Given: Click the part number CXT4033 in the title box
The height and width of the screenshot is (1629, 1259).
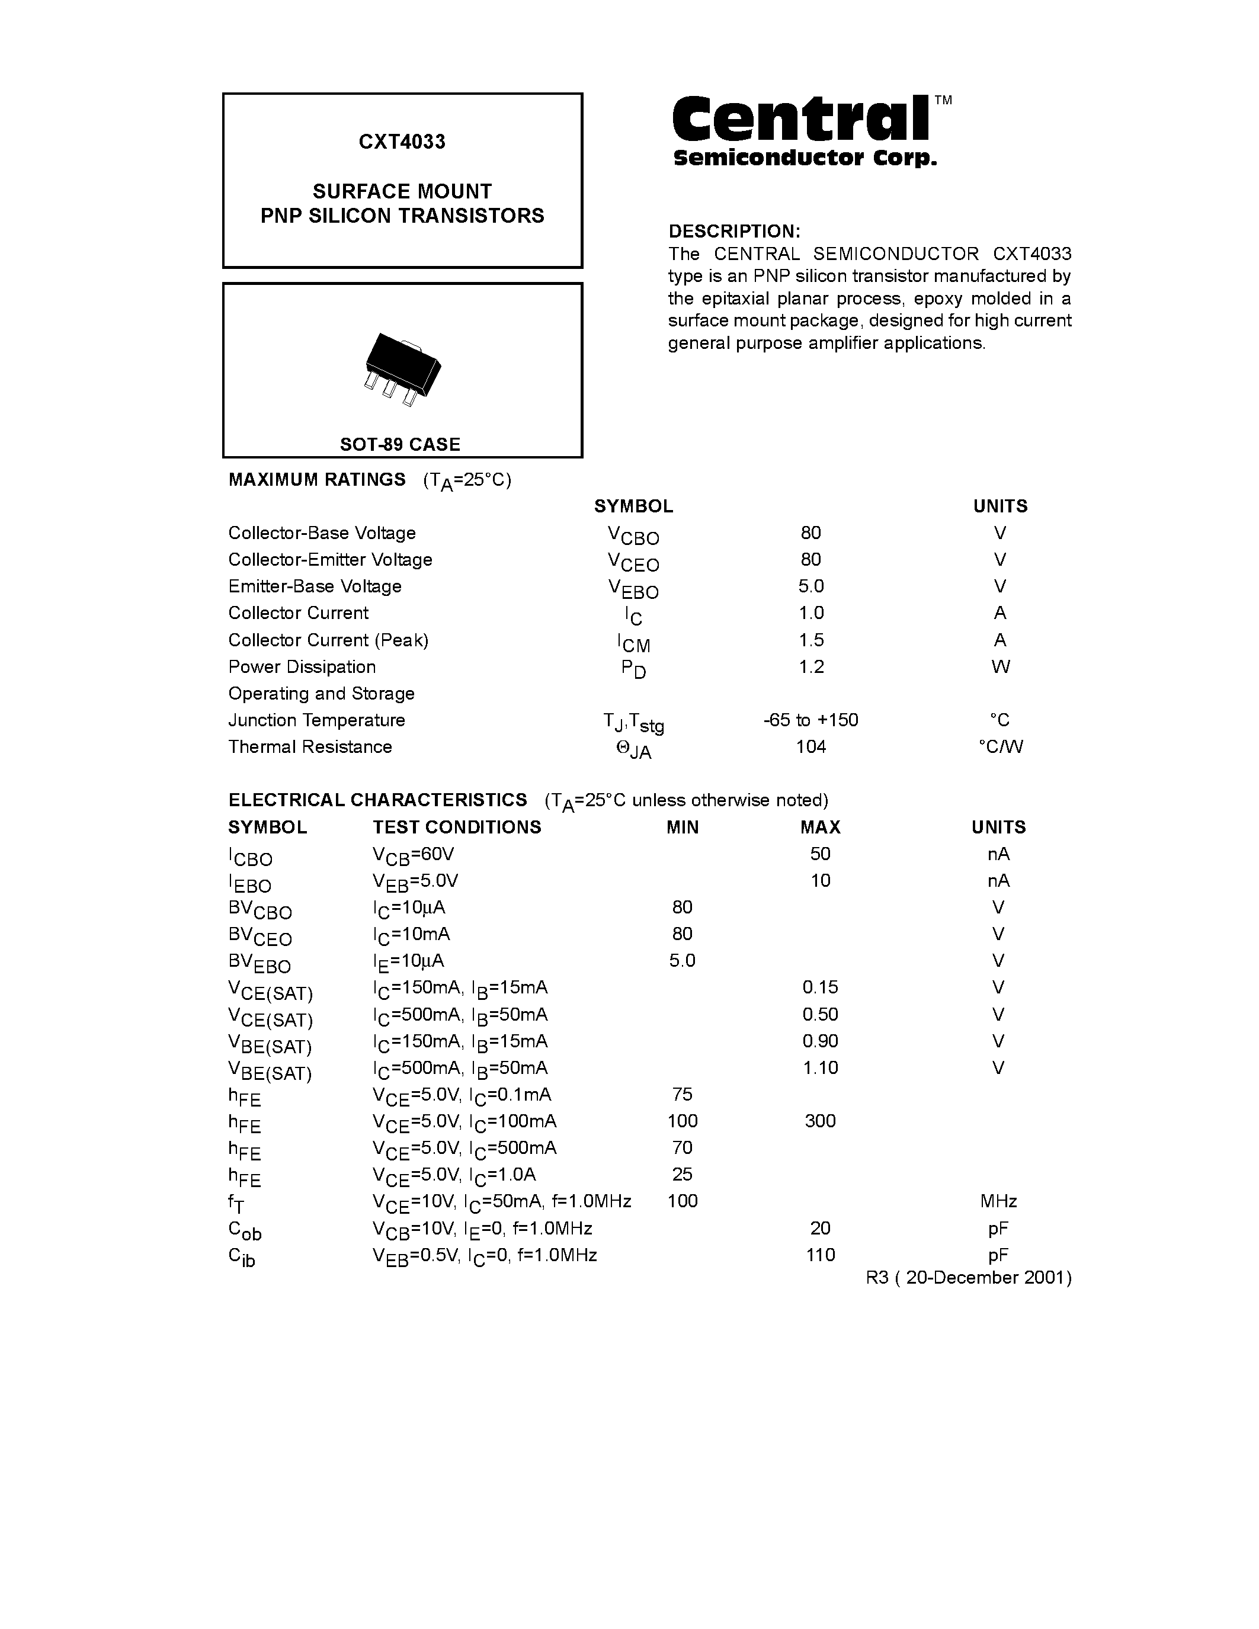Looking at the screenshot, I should [x=402, y=142].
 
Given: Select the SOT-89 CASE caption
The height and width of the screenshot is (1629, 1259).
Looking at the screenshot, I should [x=401, y=444].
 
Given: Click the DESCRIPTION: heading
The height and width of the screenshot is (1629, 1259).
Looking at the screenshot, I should [x=734, y=231].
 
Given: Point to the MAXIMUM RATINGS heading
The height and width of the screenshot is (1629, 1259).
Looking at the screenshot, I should [x=317, y=480].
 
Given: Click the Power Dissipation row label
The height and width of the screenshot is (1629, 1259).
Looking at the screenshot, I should [x=302, y=667].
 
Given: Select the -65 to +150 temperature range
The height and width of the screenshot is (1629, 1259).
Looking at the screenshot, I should [x=810, y=720].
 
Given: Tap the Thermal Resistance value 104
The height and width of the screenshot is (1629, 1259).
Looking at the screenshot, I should [x=810, y=746].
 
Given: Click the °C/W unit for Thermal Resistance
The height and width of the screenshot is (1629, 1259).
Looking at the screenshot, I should [x=1000, y=746].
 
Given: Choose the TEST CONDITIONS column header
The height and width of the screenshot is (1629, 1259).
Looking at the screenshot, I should [x=457, y=827].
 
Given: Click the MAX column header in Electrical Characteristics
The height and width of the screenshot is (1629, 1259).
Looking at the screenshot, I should [x=821, y=827].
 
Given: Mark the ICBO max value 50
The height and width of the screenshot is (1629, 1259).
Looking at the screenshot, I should [x=821, y=854].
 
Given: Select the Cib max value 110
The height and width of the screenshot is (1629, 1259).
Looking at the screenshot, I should [x=821, y=1255].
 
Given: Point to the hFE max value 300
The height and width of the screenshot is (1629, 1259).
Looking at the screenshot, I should [x=821, y=1121].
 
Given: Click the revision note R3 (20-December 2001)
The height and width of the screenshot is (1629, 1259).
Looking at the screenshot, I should [x=969, y=1278].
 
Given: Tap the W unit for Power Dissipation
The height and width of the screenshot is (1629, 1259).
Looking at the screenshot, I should [x=1000, y=667].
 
